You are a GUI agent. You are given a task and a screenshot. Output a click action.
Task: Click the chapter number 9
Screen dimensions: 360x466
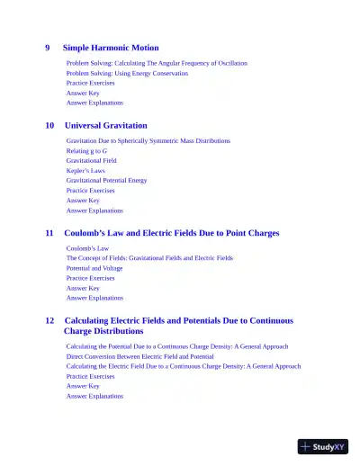(x=48, y=48)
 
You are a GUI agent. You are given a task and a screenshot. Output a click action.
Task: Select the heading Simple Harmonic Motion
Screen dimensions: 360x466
(x=111, y=48)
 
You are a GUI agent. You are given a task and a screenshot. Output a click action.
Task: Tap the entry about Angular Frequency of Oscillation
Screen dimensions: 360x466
(x=157, y=63)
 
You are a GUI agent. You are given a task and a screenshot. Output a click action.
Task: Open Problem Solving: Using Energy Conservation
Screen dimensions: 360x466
(x=127, y=73)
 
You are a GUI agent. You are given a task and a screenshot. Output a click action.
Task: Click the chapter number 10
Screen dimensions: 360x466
(x=49, y=126)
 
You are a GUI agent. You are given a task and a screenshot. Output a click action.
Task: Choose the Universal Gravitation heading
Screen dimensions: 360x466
(x=105, y=126)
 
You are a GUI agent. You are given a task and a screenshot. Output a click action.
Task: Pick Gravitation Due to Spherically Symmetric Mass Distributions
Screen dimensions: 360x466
(x=148, y=141)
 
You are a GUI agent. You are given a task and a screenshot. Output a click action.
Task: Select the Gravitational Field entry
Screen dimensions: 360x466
(x=91, y=161)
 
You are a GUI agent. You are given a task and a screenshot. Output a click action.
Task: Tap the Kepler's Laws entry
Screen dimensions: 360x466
(x=85, y=171)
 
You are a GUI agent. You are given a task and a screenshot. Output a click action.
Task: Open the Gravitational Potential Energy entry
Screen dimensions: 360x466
(x=106, y=181)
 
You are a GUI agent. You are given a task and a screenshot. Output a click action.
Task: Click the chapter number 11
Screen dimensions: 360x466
(x=49, y=233)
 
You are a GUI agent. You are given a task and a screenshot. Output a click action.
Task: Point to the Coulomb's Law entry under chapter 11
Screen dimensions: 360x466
(x=87, y=248)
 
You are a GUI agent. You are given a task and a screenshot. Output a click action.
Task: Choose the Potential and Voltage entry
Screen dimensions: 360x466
(x=94, y=268)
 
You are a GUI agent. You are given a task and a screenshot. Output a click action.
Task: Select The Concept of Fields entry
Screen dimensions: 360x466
(x=149, y=258)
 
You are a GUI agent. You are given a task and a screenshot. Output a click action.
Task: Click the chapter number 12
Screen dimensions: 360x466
(x=49, y=320)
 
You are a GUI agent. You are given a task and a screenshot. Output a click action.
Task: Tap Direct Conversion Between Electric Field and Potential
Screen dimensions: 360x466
(x=139, y=356)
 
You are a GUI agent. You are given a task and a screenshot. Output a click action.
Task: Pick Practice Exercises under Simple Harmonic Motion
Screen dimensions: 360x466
(x=90, y=83)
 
